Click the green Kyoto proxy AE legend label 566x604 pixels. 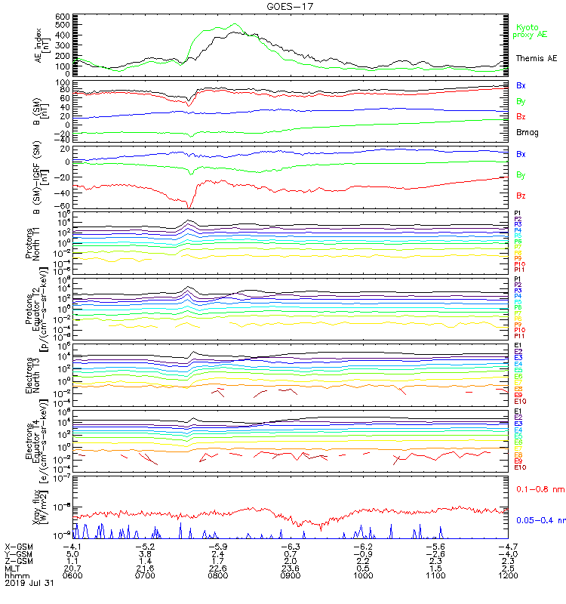[x=528, y=30]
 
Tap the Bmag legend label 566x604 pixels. [x=527, y=132]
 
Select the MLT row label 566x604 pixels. [x=13, y=568]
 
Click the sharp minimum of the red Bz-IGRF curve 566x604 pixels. [x=189, y=208]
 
